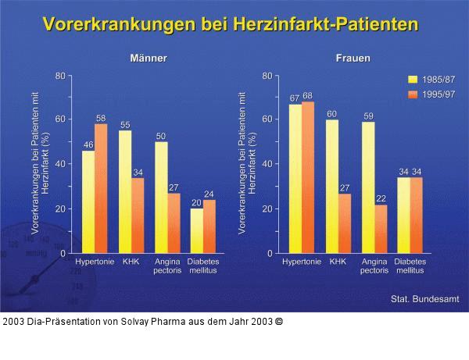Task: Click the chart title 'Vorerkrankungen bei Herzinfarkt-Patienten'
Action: [x=231, y=24]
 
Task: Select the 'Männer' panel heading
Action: [x=148, y=59]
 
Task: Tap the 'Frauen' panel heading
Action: [x=353, y=59]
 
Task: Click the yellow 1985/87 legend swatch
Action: [x=414, y=79]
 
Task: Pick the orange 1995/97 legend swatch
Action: [x=414, y=94]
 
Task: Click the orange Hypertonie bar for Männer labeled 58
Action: [x=101, y=188]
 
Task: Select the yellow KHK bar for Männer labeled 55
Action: [x=125, y=191]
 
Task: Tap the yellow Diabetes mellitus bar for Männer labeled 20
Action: [x=197, y=230]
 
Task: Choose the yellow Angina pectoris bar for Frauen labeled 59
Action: [x=368, y=187]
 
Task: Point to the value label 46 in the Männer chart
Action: [x=88, y=144]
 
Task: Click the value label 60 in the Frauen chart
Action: [x=331, y=114]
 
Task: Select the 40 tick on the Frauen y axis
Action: [x=267, y=164]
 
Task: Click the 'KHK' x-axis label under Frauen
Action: [x=338, y=262]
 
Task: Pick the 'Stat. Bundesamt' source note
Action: [x=424, y=299]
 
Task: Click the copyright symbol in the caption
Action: [x=279, y=321]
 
